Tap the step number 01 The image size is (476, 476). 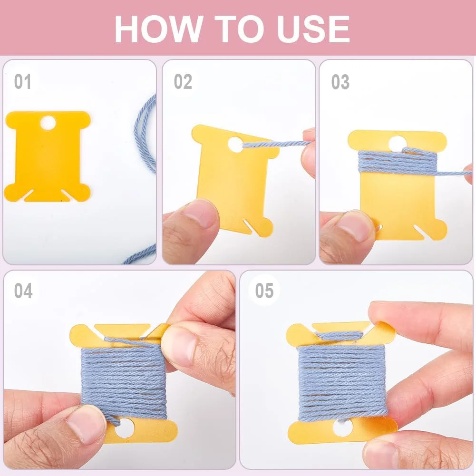pos(23,82)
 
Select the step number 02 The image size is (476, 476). pos(183,82)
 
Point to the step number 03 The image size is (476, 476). pos(340,82)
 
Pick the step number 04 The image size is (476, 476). pos(23,291)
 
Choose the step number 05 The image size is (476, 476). pos(264,291)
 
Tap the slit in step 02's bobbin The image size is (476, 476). pos(250,227)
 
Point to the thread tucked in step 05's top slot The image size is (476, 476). pos(340,335)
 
